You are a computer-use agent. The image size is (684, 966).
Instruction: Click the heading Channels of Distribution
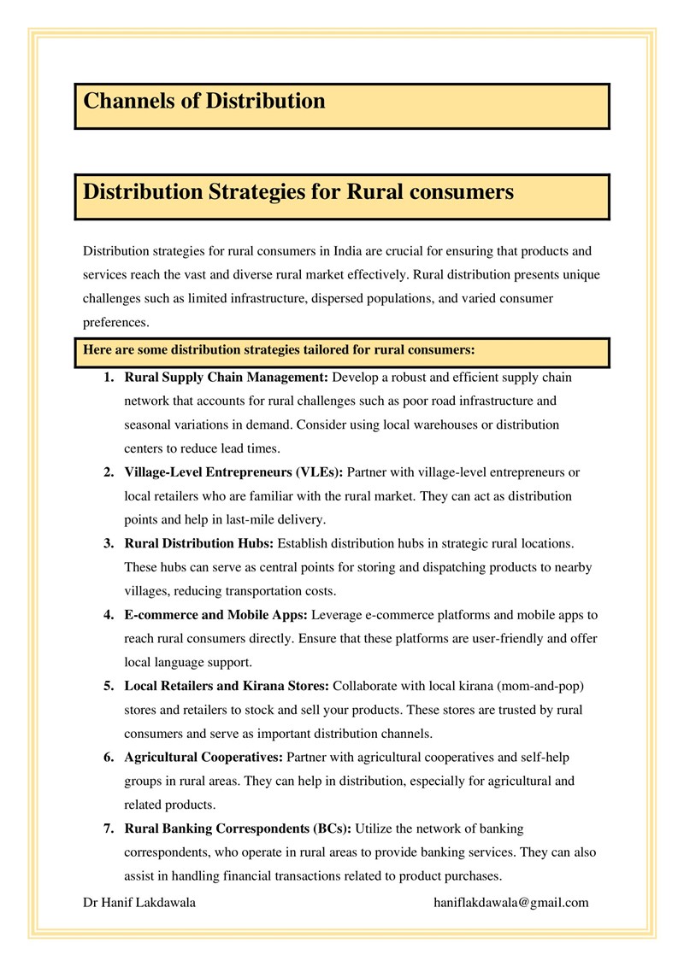pos(204,102)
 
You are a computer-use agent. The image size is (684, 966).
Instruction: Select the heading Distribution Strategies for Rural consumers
pos(298,191)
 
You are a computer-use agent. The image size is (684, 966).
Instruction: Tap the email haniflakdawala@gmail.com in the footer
pos(511,903)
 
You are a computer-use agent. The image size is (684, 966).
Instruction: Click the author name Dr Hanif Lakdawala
pos(139,903)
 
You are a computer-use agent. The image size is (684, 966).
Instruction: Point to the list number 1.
pos(109,377)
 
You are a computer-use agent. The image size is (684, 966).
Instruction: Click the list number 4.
pos(109,615)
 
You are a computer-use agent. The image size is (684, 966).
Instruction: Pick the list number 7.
pos(109,828)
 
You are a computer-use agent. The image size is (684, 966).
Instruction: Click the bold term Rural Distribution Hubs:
pos(199,543)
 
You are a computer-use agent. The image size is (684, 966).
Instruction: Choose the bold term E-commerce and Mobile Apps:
pos(216,615)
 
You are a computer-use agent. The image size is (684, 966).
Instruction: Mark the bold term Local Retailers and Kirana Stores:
pos(227,686)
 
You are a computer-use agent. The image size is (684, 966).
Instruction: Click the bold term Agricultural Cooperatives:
pos(204,757)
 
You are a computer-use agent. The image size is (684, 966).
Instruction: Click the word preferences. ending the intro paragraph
pos(116,323)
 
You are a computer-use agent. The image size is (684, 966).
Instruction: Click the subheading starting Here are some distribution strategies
pos(279,350)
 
